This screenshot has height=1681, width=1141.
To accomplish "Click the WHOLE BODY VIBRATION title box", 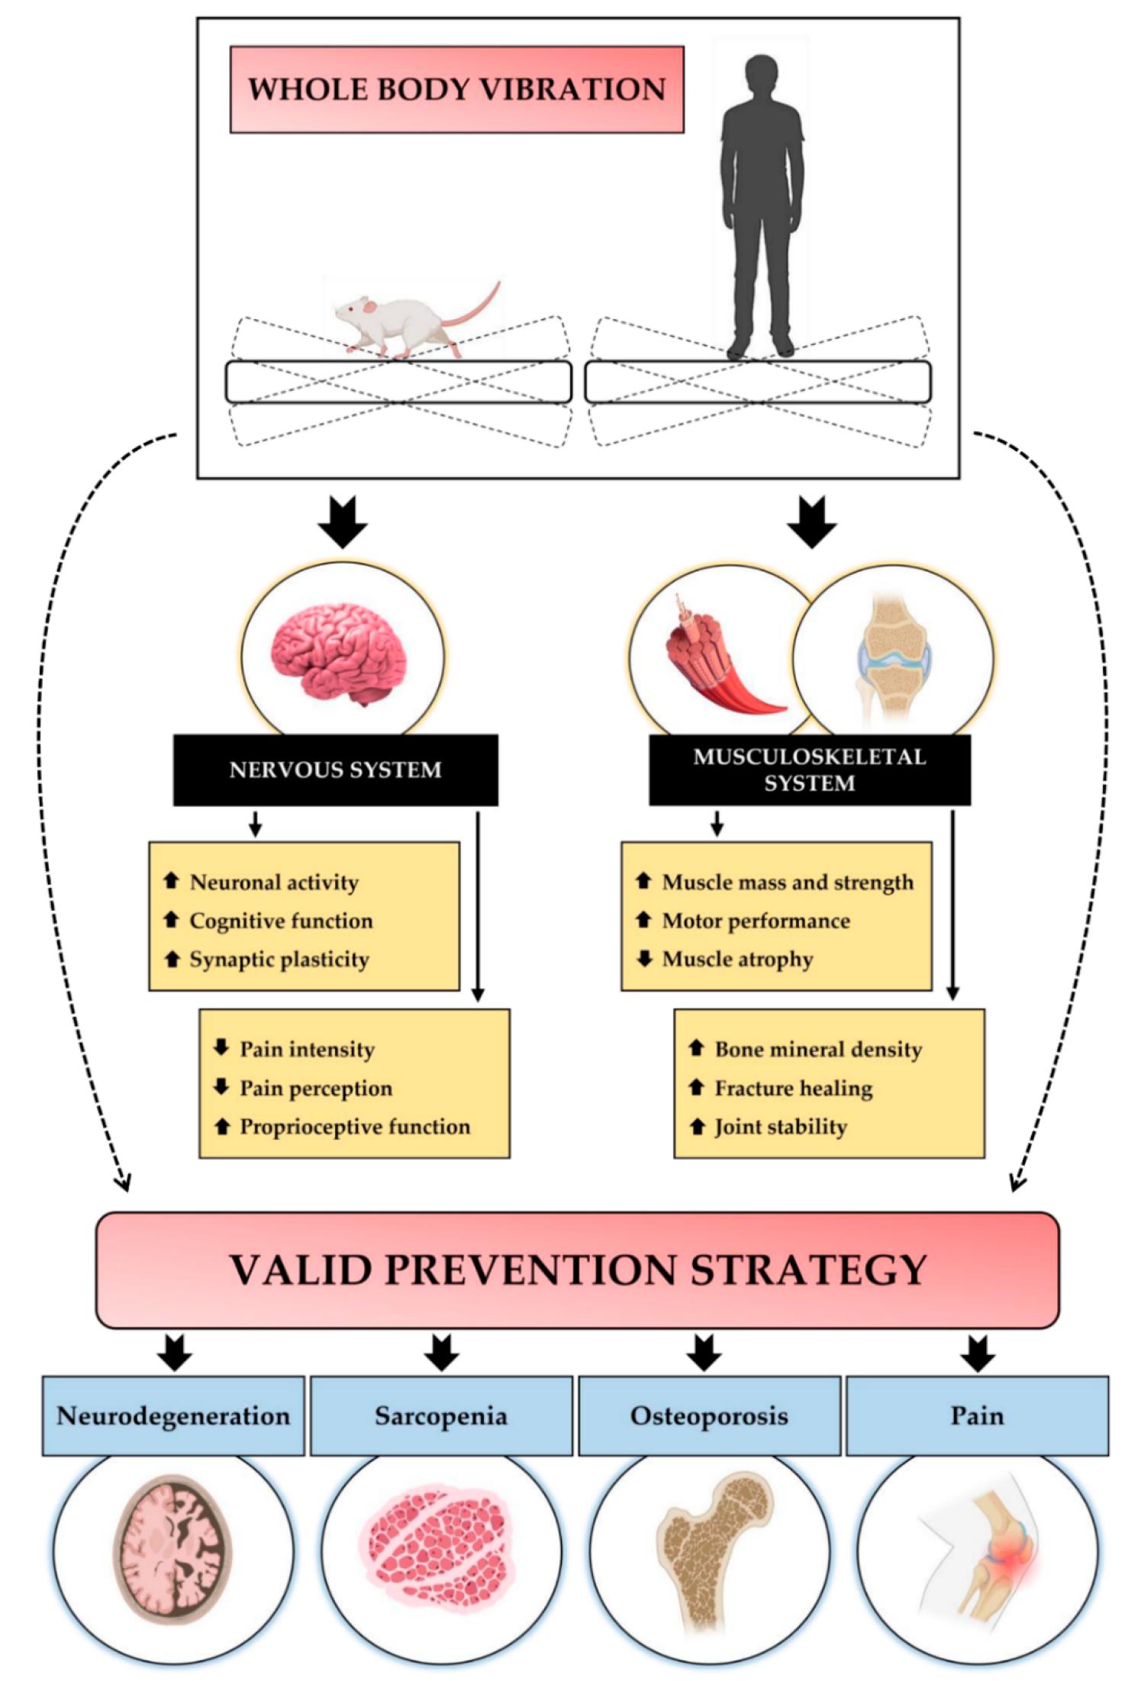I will click(456, 89).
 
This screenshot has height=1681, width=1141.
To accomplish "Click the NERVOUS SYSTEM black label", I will click(335, 770).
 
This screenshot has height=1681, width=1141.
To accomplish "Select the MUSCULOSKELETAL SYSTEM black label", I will click(809, 770).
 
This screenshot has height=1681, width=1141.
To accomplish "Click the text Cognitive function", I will click(281, 921).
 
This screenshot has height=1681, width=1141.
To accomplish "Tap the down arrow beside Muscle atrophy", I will click(644, 958).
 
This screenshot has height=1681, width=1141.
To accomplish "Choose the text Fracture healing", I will click(793, 1088).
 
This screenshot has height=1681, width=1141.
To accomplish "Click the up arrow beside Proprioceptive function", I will click(221, 1126).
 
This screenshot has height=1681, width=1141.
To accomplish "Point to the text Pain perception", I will click(316, 1088).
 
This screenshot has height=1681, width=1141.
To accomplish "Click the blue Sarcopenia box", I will click(441, 1416).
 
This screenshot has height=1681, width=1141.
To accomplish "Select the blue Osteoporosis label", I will click(709, 1416).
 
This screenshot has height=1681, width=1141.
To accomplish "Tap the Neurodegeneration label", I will click(173, 1416).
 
